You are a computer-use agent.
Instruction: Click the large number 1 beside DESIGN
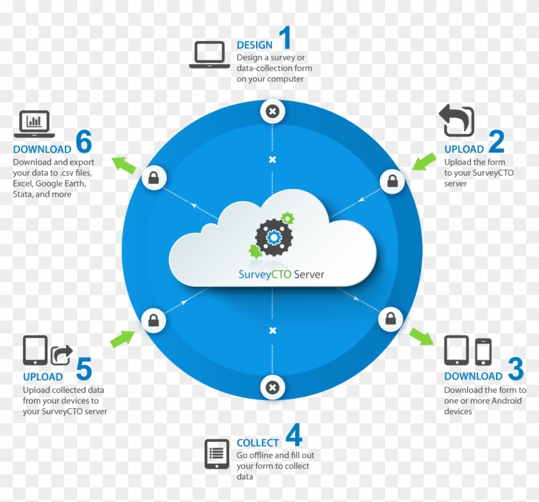pyautogui.click(x=285, y=38)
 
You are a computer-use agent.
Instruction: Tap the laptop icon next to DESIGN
pyautogui.click(x=209, y=54)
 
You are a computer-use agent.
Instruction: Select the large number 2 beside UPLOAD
pyautogui.click(x=496, y=142)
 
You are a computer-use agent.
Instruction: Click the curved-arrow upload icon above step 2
pyautogui.click(x=456, y=121)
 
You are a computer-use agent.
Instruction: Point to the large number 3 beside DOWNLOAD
pyautogui.click(x=515, y=369)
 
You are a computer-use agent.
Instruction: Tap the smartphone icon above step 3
pyautogui.click(x=483, y=352)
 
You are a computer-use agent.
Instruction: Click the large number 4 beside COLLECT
pyautogui.click(x=293, y=435)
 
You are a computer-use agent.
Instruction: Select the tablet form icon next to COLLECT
pyautogui.click(x=217, y=454)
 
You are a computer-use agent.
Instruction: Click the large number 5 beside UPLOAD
pyautogui.click(x=83, y=370)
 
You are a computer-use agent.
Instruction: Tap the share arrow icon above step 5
pyautogui.click(x=62, y=355)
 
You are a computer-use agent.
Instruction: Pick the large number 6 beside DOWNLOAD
pyautogui.click(x=83, y=142)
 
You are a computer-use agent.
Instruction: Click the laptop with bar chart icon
pyautogui.click(x=34, y=124)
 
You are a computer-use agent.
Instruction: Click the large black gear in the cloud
pyautogui.click(x=274, y=238)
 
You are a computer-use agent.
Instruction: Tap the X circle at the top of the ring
pyautogui.click(x=272, y=112)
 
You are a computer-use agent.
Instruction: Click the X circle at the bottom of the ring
pyautogui.click(x=272, y=387)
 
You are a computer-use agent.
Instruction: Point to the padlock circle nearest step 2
pyautogui.click(x=391, y=181)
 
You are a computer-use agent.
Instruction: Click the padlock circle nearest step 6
pyautogui.click(x=153, y=178)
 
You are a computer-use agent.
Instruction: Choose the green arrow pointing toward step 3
pyautogui.click(x=421, y=336)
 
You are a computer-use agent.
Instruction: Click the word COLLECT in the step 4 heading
pyautogui.click(x=258, y=443)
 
